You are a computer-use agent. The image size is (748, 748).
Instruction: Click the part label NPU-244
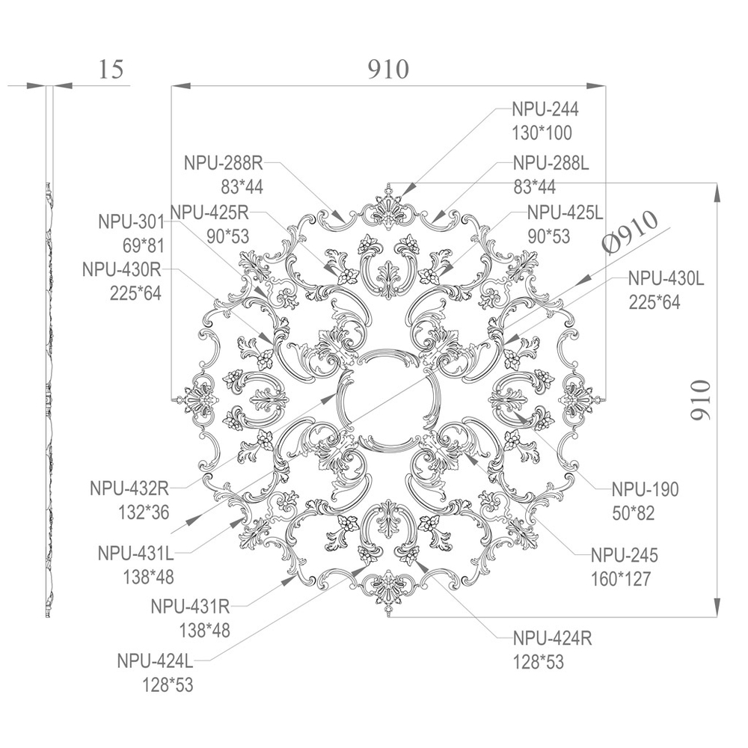(x=545, y=109)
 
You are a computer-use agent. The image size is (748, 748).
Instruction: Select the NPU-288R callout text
(x=223, y=163)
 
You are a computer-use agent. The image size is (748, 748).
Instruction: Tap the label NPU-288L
(x=551, y=163)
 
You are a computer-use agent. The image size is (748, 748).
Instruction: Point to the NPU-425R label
(x=209, y=212)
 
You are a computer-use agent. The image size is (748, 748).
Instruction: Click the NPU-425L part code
(x=565, y=212)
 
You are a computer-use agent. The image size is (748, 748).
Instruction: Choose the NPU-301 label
(x=131, y=222)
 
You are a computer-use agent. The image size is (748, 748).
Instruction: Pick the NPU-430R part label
(x=122, y=269)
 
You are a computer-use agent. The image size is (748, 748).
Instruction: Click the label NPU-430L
(x=666, y=278)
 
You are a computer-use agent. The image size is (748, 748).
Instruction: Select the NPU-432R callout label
(x=129, y=488)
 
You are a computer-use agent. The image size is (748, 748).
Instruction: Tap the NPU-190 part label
(x=645, y=489)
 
